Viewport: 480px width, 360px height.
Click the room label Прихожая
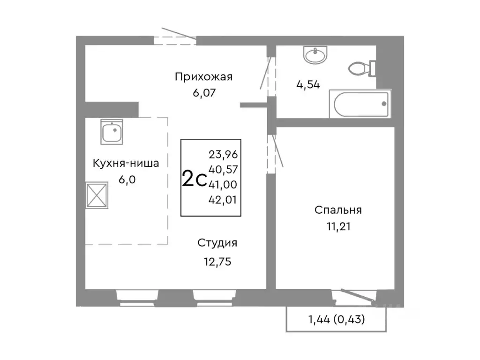tap(203, 76)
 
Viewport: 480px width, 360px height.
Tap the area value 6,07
tap(203, 93)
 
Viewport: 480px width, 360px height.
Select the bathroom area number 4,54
tap(308, 86)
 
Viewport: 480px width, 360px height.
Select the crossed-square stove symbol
tap(97, 195)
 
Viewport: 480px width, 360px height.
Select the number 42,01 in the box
tap(223, 200)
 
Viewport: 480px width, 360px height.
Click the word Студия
tap(217, 243)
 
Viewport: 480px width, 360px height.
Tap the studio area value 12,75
tap(217, 261)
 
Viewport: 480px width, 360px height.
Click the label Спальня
tap(338, 210)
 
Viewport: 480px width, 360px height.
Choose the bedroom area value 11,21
tap(338, 227)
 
